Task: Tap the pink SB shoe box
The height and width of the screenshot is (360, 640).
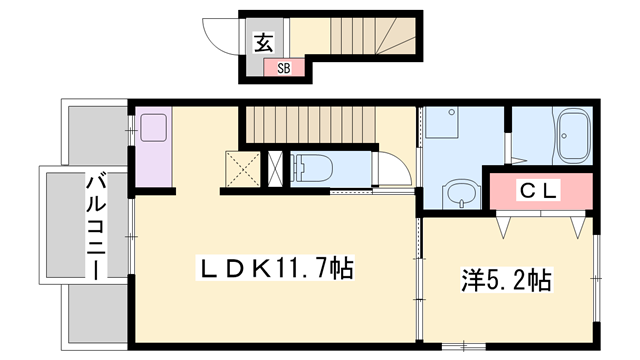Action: [283, 68]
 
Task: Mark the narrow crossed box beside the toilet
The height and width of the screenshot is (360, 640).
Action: [275, 168]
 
